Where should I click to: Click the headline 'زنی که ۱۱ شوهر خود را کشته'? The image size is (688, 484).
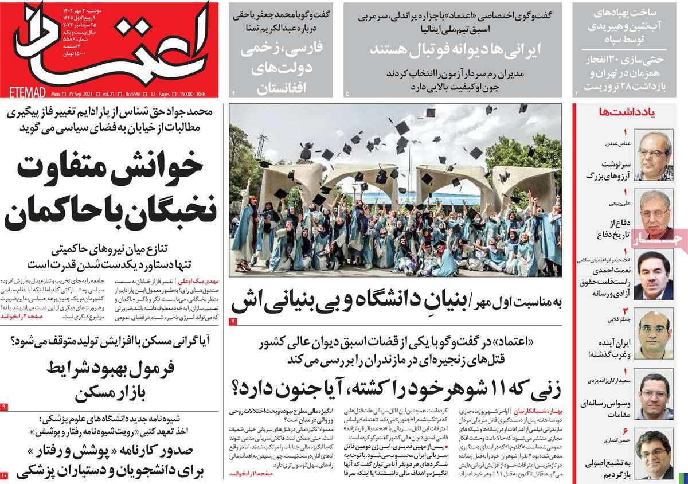click(x=396, y=386)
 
